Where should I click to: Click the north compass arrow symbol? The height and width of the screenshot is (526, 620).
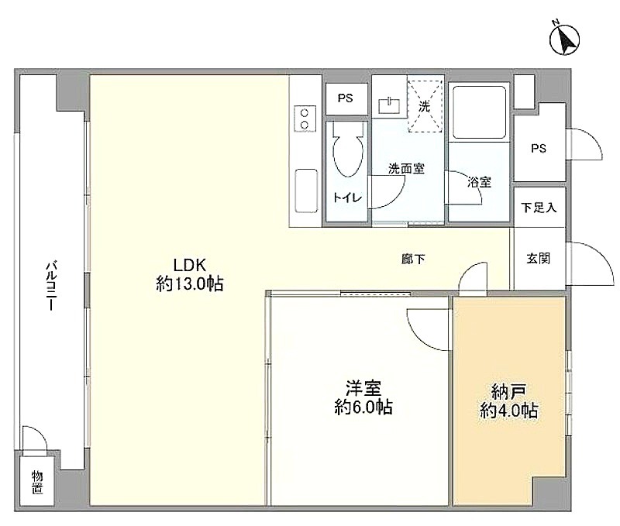(564, 40)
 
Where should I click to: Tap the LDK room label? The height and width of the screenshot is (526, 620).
(190, 265)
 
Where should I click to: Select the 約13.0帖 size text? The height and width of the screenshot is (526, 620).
(190, 284)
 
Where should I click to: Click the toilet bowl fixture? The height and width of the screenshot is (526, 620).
(348, 150)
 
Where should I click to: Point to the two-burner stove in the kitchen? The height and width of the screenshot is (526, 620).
(305, 119)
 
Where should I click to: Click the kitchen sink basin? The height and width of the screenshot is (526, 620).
(306, 191)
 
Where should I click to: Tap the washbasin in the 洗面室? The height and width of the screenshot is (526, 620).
(390, 106)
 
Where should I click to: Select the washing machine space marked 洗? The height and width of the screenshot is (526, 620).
(425, 106)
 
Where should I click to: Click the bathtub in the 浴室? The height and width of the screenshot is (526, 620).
(479, 112)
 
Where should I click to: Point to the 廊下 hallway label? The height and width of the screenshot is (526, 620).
(413, 260)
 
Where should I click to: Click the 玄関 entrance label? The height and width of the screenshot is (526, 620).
(538, 259)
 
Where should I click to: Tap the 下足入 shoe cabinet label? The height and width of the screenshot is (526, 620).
(539, 207)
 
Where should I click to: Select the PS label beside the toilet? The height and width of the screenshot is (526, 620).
(345, 98)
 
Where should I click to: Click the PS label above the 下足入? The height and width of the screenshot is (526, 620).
(539, 148)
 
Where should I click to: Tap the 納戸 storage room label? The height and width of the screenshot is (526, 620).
(508, 392)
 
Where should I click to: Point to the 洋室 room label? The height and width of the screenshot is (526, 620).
(363, 388)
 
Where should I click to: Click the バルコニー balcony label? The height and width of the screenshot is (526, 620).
(50, 286)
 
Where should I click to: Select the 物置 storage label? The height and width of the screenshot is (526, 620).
(37, 482)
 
